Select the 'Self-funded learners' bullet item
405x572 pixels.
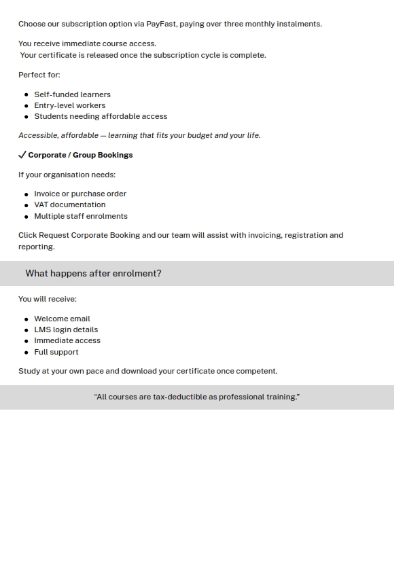point(72,94)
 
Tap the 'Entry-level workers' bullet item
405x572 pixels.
point(69,105)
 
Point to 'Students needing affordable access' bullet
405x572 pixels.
point(101,116)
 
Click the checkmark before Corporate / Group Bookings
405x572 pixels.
point(22,155)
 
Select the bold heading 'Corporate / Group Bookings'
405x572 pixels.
point(80,155)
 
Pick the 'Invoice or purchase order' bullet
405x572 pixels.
point(80,194)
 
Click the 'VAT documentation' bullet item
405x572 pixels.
point(69,204)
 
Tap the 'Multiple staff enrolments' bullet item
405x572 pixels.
point(81,216)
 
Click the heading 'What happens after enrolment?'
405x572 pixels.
point(93,273)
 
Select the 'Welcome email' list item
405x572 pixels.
point(62,319)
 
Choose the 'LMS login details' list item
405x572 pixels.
point(66,329)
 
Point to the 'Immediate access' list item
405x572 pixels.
point(67,340)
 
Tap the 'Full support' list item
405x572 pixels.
point(56,352)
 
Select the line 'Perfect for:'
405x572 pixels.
point(39,75)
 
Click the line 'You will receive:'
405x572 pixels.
point(48,299)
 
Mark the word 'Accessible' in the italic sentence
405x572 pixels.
point(38,135)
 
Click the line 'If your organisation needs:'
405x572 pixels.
point(67,175)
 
